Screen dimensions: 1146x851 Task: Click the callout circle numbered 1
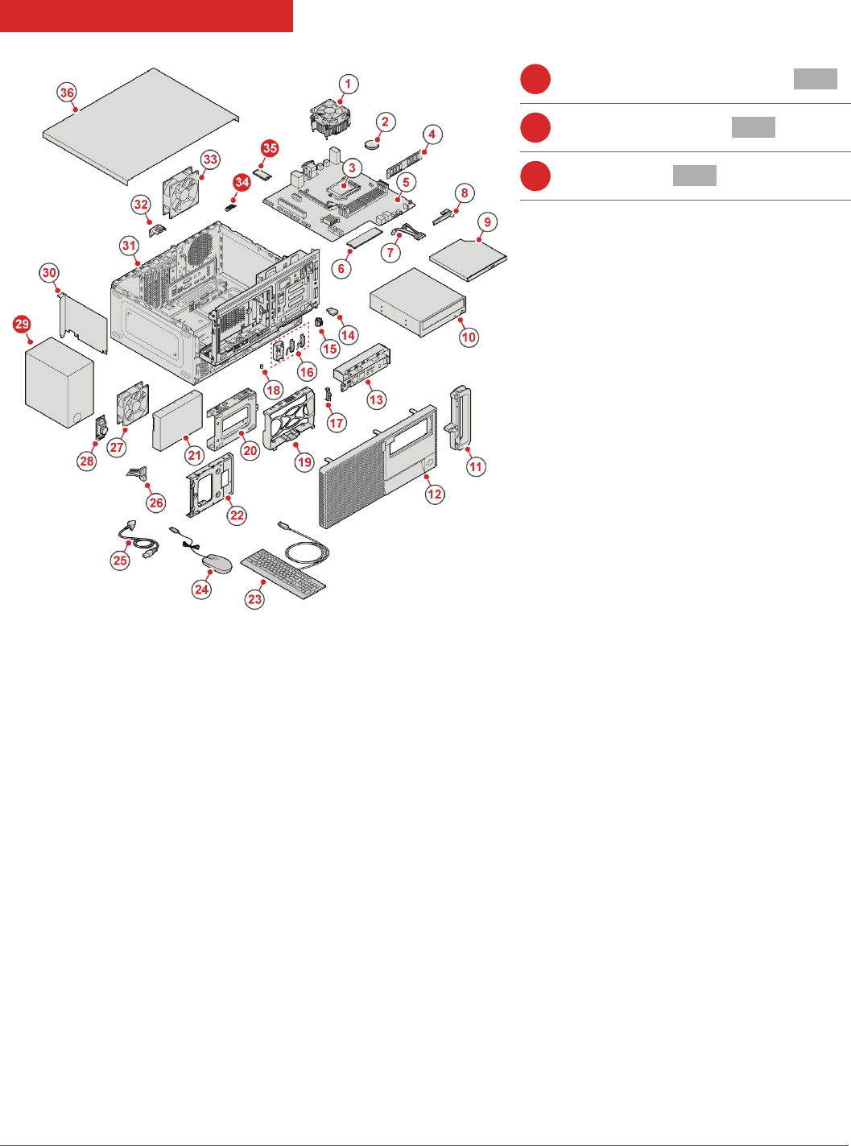[348, 84]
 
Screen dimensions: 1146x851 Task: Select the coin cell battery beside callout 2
[374, 144]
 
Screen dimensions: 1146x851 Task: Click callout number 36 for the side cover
[67, 93]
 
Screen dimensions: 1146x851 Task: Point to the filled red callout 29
[22, 325]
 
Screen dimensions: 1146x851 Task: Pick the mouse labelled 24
[216, 563]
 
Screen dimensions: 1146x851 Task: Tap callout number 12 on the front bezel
[435, 494]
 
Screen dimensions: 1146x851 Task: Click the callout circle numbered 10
[469, 337]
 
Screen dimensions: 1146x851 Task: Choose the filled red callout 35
[270, 148]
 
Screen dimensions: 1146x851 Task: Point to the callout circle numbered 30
[49, 273]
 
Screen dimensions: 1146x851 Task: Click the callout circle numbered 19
[304, 462]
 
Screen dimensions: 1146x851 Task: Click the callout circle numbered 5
[406, 182]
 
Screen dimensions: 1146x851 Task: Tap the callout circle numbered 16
[307, 372]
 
